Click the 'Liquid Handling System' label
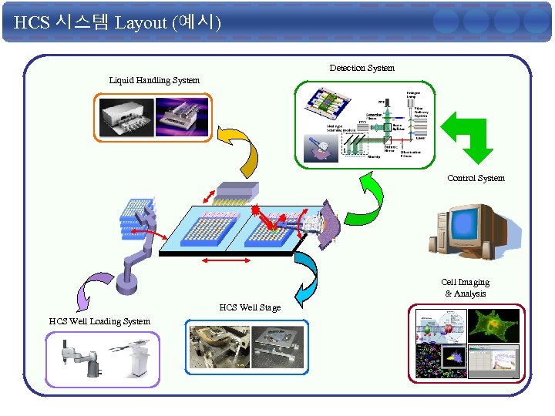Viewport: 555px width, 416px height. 154,80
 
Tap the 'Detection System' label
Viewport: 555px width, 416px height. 362,68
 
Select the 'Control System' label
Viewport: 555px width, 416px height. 476,178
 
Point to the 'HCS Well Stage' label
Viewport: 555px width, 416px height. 250,307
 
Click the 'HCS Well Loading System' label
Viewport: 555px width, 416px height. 99,320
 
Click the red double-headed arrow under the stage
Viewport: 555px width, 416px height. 225,263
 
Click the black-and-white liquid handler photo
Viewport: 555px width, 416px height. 126,117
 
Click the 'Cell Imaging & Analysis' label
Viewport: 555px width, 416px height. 465,287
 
